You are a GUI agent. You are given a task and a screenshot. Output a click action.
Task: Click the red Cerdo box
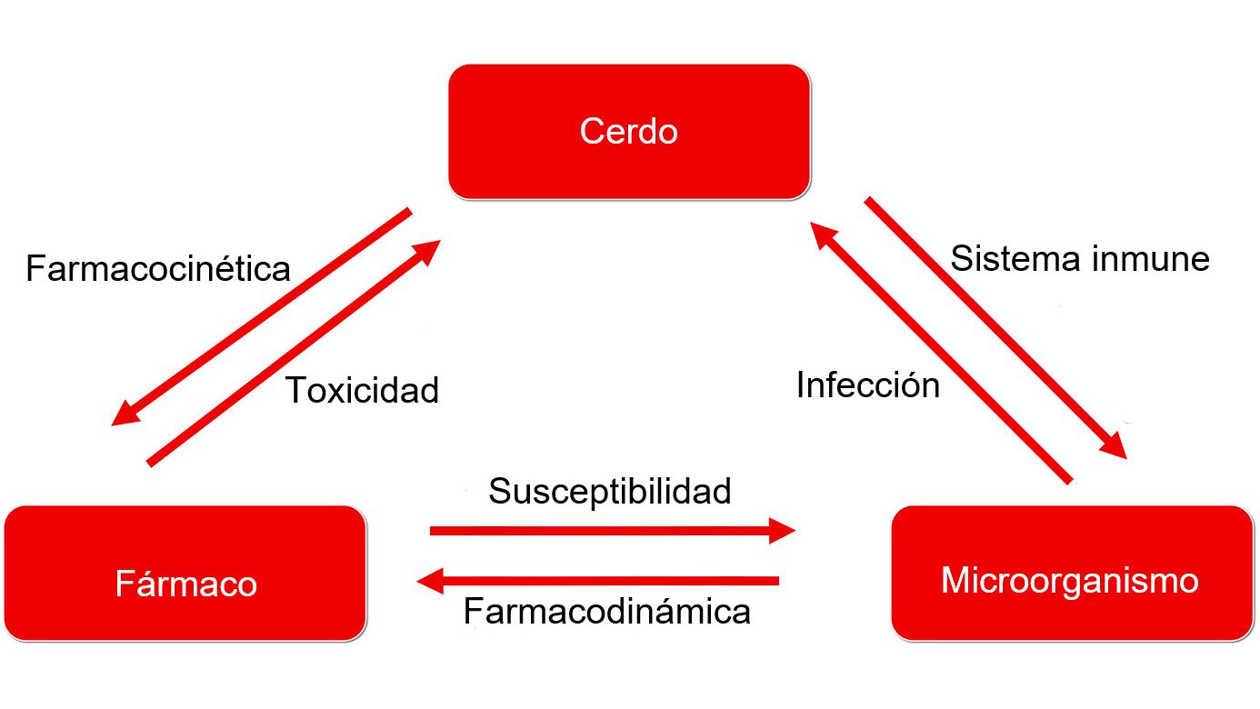click(628, 131)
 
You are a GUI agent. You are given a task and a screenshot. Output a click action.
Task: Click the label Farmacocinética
click(158, 269)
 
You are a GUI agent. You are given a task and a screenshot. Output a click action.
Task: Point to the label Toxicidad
click(363, 390)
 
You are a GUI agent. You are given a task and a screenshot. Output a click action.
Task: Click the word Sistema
click(1009, 259)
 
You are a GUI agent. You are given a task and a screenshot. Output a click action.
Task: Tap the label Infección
click(868, 385)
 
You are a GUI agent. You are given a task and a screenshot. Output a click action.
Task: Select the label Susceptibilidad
click(610, 491)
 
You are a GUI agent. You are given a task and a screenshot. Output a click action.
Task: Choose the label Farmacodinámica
click(607, 611)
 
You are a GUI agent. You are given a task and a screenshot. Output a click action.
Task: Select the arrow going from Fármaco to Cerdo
click(291, 354)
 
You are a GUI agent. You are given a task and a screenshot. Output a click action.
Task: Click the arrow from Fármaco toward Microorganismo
click(600, 530)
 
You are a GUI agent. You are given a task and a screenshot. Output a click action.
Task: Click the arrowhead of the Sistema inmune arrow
click(1115, 446)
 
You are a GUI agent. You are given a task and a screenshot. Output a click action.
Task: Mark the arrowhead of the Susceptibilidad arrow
click(782, 530)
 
